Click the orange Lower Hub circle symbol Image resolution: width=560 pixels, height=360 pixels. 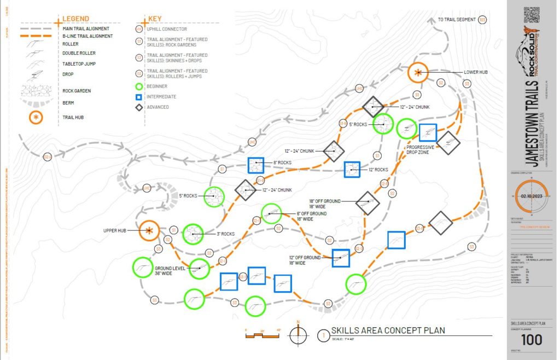(x=418, y=73)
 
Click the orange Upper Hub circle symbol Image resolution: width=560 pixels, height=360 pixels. (x=149, y=231)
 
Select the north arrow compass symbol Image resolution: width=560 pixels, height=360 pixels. (x=298, y=333)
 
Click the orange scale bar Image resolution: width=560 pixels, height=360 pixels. (x=263, y=334)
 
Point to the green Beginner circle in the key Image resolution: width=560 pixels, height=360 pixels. (x=139, y=86)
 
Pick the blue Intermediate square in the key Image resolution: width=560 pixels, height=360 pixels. (x=139, y=97)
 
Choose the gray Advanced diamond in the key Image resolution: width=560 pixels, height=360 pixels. (x=139, y=107)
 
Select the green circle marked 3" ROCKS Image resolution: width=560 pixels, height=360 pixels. (x=192, y=234)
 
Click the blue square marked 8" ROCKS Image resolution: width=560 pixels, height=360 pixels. (x=256, y=166)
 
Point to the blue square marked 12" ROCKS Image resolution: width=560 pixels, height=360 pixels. (x=352, y=170)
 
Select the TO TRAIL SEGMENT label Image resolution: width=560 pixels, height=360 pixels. (x=457, y=20)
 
